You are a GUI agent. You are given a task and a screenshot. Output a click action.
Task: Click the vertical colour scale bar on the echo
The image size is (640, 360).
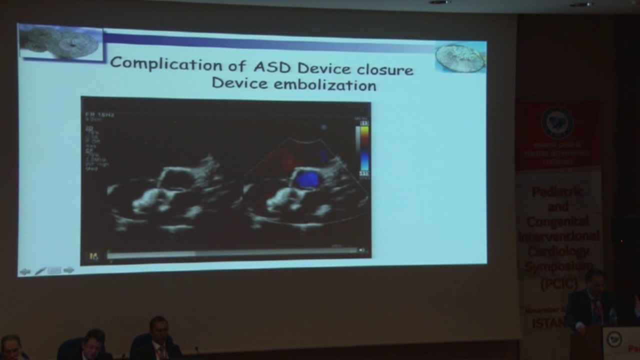point(364,148)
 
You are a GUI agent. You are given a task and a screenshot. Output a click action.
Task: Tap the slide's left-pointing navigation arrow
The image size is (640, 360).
point(24,271)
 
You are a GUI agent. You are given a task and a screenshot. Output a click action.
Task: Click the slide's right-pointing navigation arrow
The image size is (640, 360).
point(69,270)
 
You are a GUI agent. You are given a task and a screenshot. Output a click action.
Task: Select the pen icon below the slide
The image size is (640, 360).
point(40,271)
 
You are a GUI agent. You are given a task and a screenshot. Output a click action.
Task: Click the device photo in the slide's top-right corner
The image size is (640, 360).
point(460,57)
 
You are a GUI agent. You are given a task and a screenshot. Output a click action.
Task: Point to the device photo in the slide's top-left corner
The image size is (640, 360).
point(61,42)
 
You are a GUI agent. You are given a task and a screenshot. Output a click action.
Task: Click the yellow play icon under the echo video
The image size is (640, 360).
point(93,256)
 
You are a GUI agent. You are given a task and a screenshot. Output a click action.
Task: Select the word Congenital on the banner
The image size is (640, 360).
point(557,221)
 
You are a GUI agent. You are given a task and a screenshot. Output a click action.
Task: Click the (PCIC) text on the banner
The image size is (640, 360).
point(557,284)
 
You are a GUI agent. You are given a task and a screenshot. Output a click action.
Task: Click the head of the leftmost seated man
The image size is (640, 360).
point(11,345)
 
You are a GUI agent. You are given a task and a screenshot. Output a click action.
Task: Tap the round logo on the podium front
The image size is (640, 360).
point(614,340)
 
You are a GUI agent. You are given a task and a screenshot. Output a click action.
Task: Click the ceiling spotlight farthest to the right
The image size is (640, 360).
point(581,4)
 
